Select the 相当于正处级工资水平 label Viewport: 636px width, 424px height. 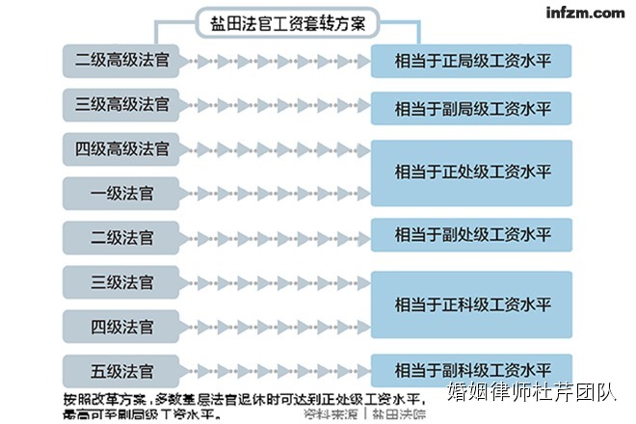pos(472,172)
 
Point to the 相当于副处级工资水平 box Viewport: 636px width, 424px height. pos(472,234)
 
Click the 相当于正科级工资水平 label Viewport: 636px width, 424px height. pos(472,305)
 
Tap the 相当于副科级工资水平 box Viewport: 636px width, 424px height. pos(472,369)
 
